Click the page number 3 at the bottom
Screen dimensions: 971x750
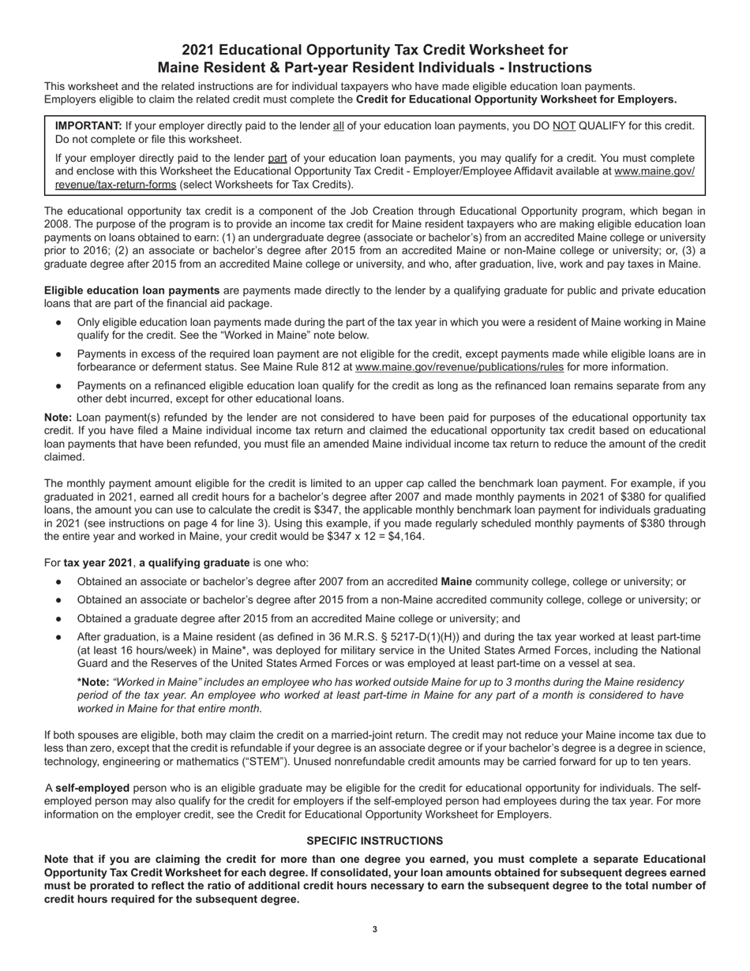[x=374, y=929]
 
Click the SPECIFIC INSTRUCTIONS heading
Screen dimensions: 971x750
[x=374, y=841]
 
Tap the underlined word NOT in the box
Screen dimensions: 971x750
[x=563, y=126]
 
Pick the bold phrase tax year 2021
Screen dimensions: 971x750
[x=98, y=563]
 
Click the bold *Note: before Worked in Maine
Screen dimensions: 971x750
[x=92, y=681]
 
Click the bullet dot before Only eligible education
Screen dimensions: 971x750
[x=58, y=323]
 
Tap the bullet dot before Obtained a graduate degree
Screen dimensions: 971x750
[x=58, y=619]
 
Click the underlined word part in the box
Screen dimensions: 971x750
[x=277, y=158]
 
